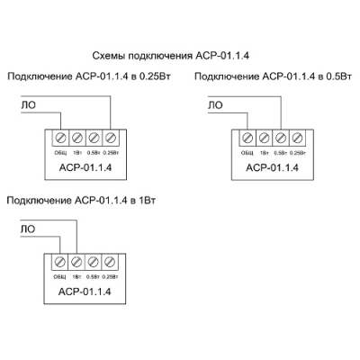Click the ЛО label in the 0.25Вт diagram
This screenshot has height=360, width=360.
coord(27,106)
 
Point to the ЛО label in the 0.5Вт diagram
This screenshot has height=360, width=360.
coord(215,106)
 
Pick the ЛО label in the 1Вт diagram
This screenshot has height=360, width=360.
coord(27,230)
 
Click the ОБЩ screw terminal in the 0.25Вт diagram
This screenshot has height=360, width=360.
coord(61,138)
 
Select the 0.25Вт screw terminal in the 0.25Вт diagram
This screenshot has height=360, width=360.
coord(110,138)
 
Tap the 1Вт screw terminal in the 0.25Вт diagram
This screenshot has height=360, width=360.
coord(77,138)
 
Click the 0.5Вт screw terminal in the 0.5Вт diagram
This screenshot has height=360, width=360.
coord(281,138)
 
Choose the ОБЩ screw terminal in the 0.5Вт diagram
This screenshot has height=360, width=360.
coord(248,138)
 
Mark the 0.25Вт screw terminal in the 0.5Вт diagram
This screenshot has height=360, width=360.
coord(297,138)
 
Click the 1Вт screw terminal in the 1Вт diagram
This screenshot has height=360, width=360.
coord(77,262)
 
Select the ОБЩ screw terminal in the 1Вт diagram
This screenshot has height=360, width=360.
coord(61,262)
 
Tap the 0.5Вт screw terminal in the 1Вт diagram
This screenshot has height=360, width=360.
coord(94,262)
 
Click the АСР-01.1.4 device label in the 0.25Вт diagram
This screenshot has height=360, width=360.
coord(85,166)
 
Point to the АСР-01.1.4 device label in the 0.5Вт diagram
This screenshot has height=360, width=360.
coord(272,166)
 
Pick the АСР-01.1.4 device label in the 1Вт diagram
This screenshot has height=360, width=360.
coord(85,291)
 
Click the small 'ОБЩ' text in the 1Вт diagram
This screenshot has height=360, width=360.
coord(60,275)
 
